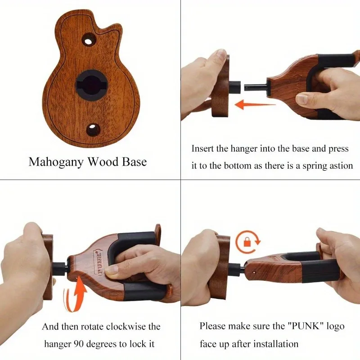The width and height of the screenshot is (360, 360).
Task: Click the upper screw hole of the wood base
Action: tap(88, 41)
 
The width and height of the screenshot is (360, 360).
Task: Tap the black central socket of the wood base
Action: tap(91, 85)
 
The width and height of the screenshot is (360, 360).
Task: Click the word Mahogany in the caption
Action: tap(56, 162)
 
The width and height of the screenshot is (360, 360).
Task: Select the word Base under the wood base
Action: tap(134, 162)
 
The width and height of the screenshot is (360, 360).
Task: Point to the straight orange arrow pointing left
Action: tap(255, 105)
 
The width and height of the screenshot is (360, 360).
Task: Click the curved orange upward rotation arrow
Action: tap(75, 294)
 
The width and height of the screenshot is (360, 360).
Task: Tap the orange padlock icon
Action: tap(247, 242)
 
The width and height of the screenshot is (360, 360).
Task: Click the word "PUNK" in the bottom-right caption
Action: tap(306, 326)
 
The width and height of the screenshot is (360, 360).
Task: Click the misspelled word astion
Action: tap(340, 166)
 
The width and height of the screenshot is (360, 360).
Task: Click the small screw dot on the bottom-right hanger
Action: tap(254, 272)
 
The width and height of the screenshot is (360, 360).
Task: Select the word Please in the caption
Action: tap(212, 326)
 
